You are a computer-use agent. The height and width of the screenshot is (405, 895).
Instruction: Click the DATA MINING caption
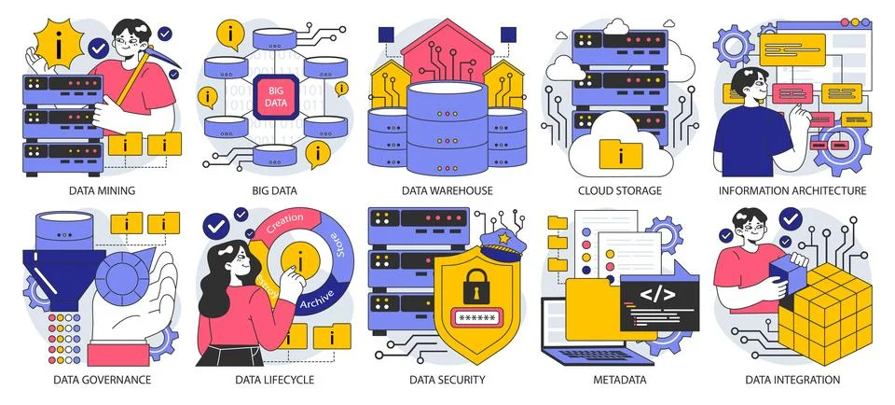tap(103, 190)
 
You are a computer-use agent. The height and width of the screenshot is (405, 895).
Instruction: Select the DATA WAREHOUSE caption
tap(447, 190)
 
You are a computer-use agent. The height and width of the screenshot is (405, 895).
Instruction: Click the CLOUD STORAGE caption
tap(620, 190)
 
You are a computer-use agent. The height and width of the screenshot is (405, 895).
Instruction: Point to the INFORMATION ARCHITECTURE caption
tap(792, 190)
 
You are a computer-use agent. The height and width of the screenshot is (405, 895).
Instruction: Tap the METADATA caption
tap(620, 380)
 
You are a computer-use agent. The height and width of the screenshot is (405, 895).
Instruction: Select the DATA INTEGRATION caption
tap(792, 380)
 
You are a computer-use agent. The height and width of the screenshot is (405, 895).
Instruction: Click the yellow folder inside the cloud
tap(613, 152)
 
